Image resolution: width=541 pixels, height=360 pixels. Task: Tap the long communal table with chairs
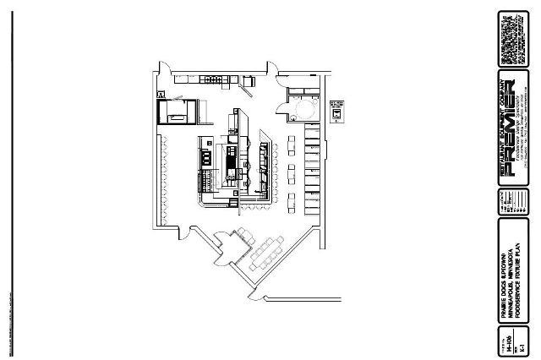[x=270, y=251]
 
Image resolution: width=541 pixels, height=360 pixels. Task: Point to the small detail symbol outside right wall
[x=337, y=110]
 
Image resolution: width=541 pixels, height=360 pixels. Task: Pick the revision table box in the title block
[x=516, y=204]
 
